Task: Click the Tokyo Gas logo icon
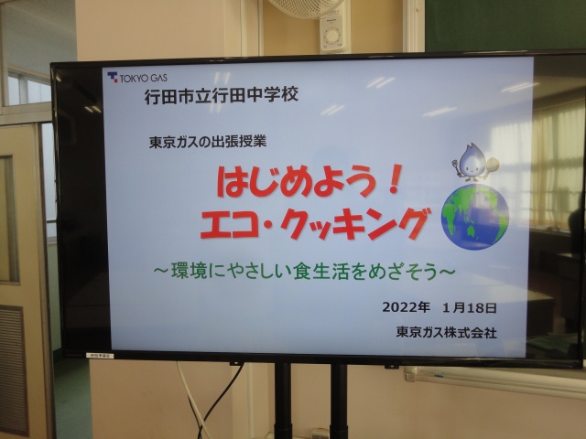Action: pyautogui.click(x=113, y=77)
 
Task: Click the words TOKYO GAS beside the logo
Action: pyautogui.click(x=144, y=78)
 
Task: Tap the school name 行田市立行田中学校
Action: pyautogui.click(x=222, y=95)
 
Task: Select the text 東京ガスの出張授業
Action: pyautogui.click(x=208, y=142)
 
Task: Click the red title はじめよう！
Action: pyautogui.click(x=309, y=181)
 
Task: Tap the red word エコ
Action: pyautogui.click(x=230, y=223)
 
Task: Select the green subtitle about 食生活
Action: pyautogui.click(x=304, y=272)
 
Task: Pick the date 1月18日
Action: pyautogui.click(x=470, y=307)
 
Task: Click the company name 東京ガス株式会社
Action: pyautogui.click(x=447, y=332)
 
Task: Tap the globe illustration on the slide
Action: pyautogui.click(x=475, y=217)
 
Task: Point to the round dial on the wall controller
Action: pyautogui.click(x=331, y=37)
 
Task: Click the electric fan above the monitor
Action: pyautogui.click(x=307, y=8)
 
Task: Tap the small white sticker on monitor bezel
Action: pyautogui.click(x=100, y=356)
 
